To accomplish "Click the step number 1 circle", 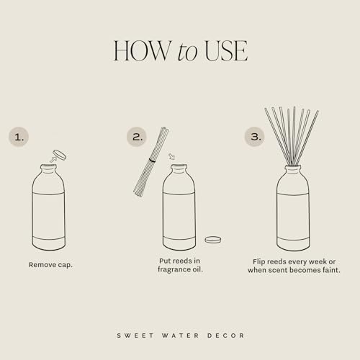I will coord(19,136).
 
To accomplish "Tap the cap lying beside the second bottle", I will coord(212,239).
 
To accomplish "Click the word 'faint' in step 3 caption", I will coord(330,270).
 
